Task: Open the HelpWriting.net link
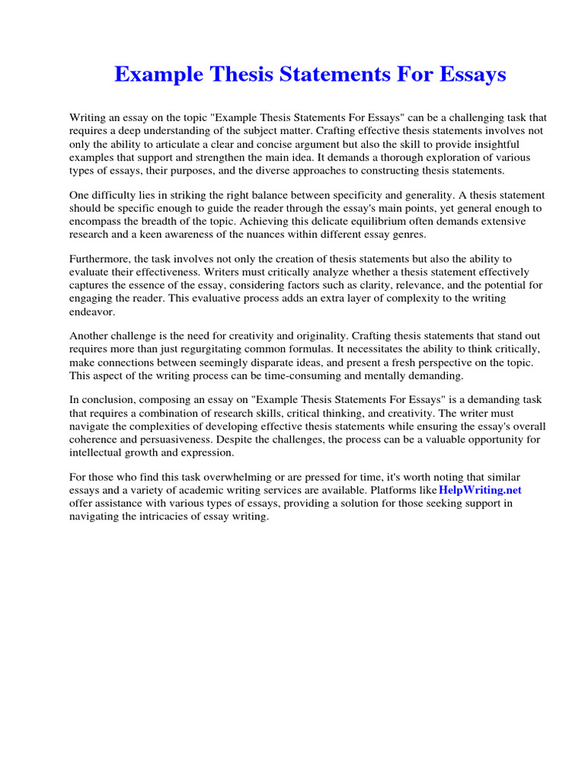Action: [480, 490]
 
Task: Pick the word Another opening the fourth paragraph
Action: [91, 336]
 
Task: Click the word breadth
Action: [162, 221]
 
